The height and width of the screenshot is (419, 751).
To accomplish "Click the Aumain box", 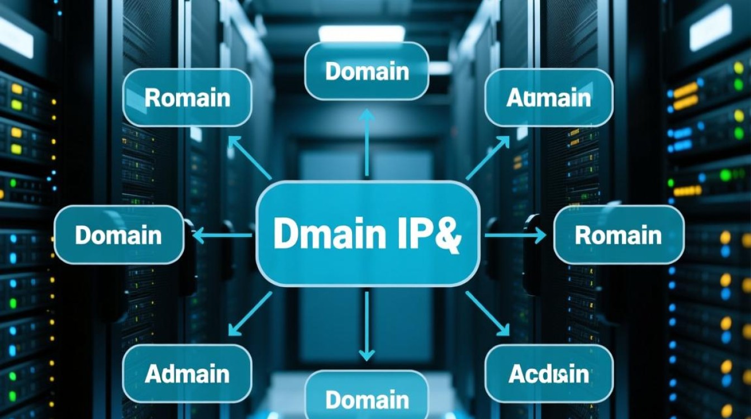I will [549, 98].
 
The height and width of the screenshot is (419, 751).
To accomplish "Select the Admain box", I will [187, 373].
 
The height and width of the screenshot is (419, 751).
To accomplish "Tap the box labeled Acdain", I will [549, 373].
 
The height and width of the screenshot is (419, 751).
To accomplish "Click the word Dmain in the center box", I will [322, 235].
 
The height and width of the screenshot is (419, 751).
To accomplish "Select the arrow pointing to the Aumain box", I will [487, 158].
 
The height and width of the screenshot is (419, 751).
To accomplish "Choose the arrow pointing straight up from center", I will [367, 142].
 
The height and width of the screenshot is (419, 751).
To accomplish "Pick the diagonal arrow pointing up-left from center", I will [249, 158].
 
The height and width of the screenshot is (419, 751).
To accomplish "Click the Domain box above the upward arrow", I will [367, 71].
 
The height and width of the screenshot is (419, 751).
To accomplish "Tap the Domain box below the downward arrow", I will [367, 399].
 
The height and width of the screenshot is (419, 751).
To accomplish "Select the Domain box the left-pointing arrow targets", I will [118, 235].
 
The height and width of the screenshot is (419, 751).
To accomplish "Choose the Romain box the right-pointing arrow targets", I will [618, 235].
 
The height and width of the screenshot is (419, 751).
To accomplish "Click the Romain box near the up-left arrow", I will [187, 98].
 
